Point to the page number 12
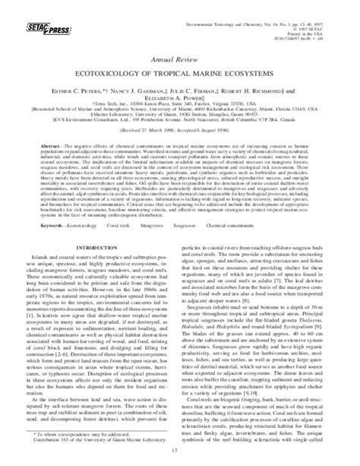178,457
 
